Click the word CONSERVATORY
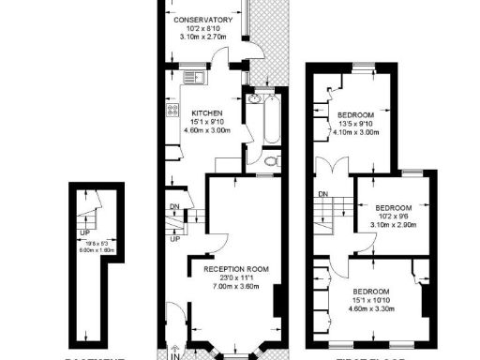tap(203, 20)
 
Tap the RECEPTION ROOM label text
tap(235, 269)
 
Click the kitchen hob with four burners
tap(173, 111)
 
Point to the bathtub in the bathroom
tap(271, 120)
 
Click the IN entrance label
tap(173, 354)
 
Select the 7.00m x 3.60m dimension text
tap(235, 286)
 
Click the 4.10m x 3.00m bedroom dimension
tap(355, 132)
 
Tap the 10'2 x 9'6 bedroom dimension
tap(393, 217)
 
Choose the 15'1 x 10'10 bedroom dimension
tap(372, 300)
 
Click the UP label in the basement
tap(84, 232)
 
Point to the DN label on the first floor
tap(322, 194)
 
